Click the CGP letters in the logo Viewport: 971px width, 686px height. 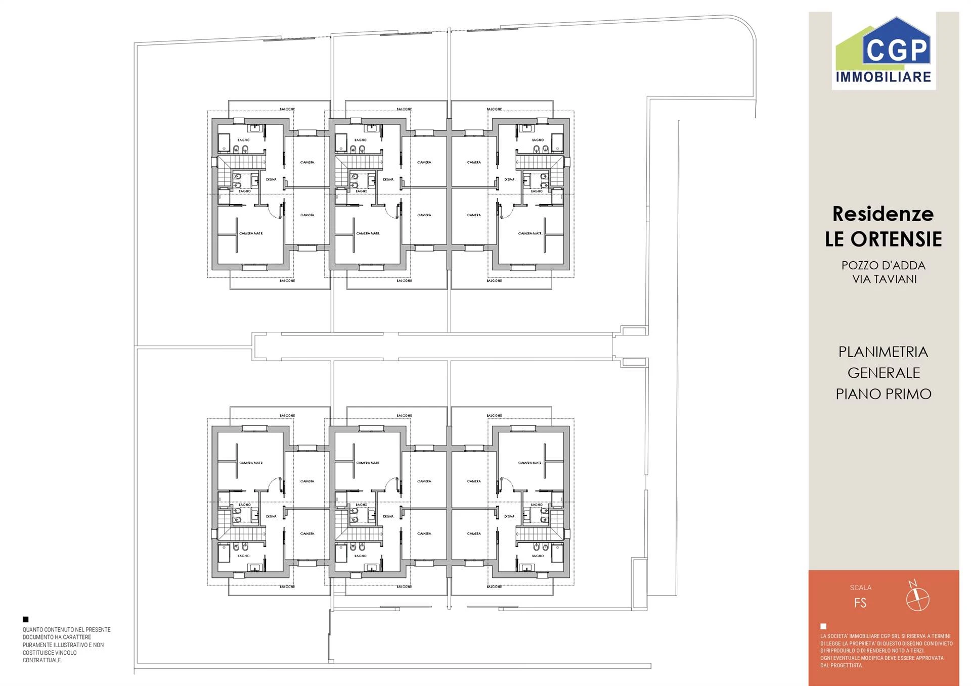coord(897,50)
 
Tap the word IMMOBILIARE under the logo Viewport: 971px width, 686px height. coord(884,77)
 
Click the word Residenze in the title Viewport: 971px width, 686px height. coord(883,214)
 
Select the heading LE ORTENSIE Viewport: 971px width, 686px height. coord(883,239)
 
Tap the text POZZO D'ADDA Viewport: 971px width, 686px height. coord(883,265)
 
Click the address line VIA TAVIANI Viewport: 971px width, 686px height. coord(884,279)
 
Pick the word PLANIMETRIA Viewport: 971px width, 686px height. coord(883,352)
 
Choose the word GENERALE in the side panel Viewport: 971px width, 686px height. coord(884,373)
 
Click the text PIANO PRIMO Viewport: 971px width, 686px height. coord(884,394)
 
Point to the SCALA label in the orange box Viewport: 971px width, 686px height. coord(860,587)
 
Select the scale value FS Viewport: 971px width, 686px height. coord(860,603)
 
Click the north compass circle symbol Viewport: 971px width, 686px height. coord(917,600)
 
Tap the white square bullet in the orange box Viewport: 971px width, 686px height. coord(823,626)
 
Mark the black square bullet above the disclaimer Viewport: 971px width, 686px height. coord(26,619)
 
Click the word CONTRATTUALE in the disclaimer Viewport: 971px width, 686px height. coord(42,660)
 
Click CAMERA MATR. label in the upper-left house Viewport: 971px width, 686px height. coord(251,233)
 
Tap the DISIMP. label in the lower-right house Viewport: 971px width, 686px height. coord(509,516)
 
